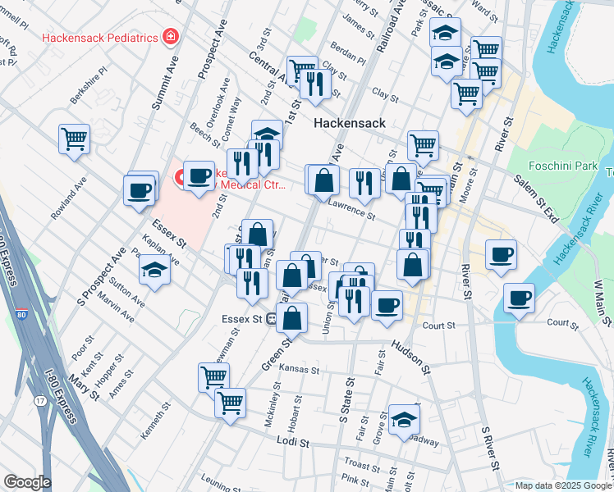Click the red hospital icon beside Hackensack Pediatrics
tap(170, 36)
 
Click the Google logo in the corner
tap(27, 481)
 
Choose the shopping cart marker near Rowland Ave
tap(74, 139)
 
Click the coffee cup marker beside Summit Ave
tap(139, 190)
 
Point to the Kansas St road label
tap(298, 370)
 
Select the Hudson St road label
tap(410, 354)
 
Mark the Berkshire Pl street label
tap(89, 85)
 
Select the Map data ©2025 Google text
tap(562, 485)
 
